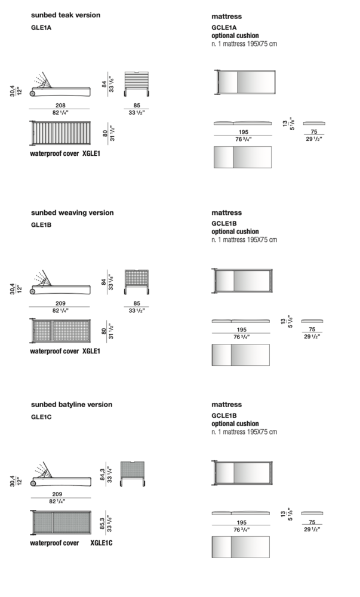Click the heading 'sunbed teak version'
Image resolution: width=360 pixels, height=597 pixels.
pyautogui.click(x=66, y=16)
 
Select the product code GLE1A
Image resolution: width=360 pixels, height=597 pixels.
pyautogui.click(x=41, y=27)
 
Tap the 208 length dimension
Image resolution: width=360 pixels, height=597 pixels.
pyautogui.click(x=60, y=105)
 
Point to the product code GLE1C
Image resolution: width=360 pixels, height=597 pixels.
pyautogui.click(x=41, y=417)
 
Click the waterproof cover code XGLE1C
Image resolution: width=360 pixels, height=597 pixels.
pyautogui.click(x=101, y=543)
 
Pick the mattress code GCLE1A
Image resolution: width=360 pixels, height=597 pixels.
pyautogui.click(x=224, y=27)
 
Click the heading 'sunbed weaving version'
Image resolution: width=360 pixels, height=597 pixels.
pyautogui.click(x=72, y=213)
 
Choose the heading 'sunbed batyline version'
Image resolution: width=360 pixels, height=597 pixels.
pyautogui.click(x=72, y=404)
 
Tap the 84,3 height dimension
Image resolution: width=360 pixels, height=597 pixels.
pyautogui.click(x=102, y=475)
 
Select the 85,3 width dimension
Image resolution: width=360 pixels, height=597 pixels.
pyautogui.click(x=102, y=524)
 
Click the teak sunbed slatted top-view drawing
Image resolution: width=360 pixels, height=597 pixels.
pyautogui.click(x=60, y=133)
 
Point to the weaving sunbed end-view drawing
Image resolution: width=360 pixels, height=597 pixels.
pyautogui.click(x=136, y=282)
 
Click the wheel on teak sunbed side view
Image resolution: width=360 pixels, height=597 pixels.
pyautogui.click(x=33, y=93)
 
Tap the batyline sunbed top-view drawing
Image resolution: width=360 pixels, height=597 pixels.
pyautogui.click(x=60, y=522)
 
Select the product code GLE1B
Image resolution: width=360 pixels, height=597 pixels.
pyautogui.click(x=41, y=225)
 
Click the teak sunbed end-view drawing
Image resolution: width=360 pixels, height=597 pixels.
pyautogui.click(x=136, y=84)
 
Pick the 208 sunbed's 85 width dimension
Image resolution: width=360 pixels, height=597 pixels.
pyautogui.click(x=137, y=105)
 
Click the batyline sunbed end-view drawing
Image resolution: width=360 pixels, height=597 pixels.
pyautogui.click(x=133, y=473)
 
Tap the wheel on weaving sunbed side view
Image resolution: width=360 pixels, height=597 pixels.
pyautogui.click(x=33, y=292)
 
